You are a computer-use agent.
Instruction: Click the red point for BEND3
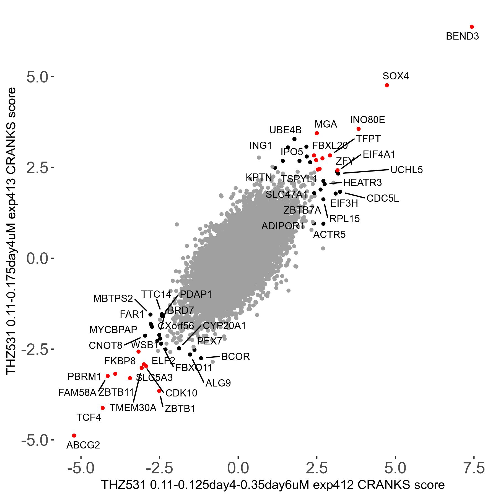pos(472,27)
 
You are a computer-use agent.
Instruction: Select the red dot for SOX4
pos(387,85)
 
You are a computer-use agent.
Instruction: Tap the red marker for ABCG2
pos(74,436)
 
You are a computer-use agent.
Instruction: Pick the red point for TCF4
pos(103,408)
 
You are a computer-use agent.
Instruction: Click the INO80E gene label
pos(367,120)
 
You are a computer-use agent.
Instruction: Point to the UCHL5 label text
pos(406,170)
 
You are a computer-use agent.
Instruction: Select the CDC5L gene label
pos(383,198)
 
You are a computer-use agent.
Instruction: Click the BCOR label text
pos(235,357)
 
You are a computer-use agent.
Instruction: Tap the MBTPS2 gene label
pos(113,299)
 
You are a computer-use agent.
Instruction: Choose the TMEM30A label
pos(133,408)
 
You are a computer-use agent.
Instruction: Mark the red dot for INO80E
pos(359,129)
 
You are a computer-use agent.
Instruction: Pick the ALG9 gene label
pos(218,383)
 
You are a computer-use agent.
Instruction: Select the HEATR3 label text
pos(362,183)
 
